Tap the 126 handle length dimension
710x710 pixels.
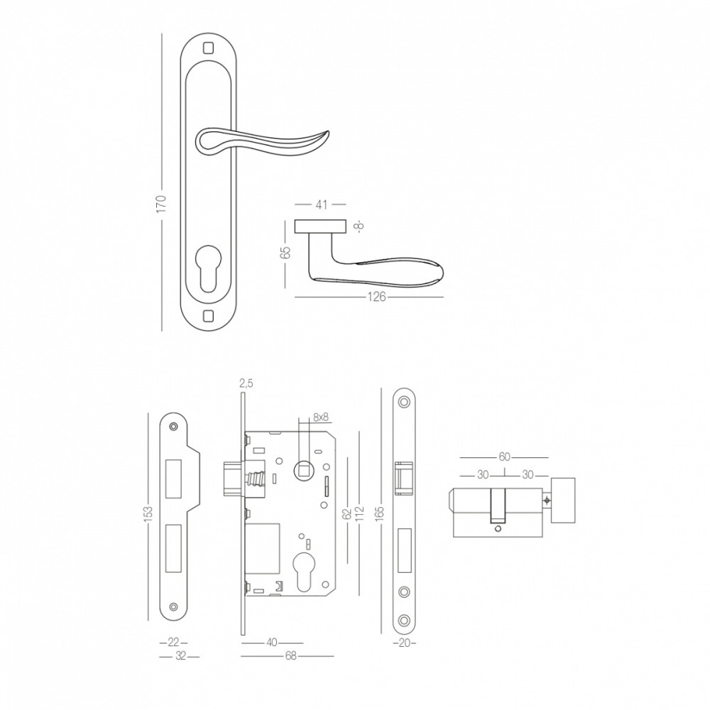coord(376,297)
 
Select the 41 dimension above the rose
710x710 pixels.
coord(321,204)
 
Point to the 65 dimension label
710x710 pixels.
coord(285,253)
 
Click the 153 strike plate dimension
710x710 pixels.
coord(148,514)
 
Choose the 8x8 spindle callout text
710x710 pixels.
coord(321,417)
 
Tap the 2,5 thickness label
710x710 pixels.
coord(245,383)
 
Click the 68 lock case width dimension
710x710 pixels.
coord(290,655)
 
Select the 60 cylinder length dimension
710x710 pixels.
coord(504,457)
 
